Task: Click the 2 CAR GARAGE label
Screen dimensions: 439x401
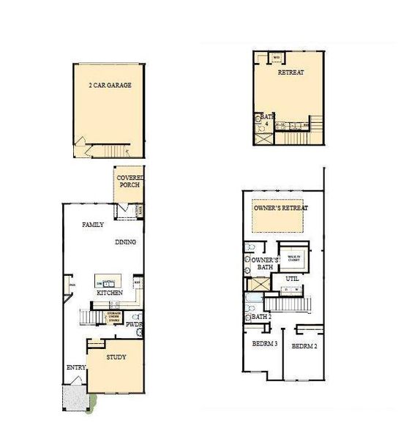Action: point(109,86)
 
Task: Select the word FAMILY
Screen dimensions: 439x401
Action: point(93,225)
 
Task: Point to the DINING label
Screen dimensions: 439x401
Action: point(125,241)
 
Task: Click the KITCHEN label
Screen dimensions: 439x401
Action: point(109,293)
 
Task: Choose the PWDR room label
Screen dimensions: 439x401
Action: point(133,323)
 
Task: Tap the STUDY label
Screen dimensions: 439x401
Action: point(116,357)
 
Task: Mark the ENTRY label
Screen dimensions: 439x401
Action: point(75,367)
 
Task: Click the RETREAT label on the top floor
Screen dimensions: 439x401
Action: point(291,73)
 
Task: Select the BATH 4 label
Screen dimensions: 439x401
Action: point(266,121)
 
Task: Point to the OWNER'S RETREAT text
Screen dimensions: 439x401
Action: point(281,208)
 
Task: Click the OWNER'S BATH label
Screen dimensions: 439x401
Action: point(262,263)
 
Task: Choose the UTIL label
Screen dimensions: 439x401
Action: point(292,279)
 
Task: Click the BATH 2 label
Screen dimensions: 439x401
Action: point(261,317)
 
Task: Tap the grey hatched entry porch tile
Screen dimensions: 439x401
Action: point(75,398)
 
